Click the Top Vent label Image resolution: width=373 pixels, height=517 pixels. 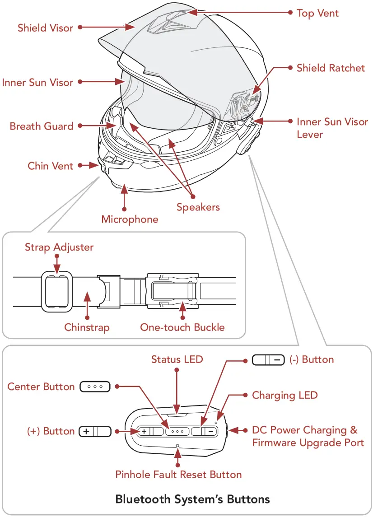click(317, 13)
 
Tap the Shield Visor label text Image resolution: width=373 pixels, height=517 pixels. click(45, 28)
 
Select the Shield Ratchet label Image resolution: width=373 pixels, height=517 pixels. click(331, 68)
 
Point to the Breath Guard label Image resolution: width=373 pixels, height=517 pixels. click(42, 126)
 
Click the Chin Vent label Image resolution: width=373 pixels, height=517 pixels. click(50, 166)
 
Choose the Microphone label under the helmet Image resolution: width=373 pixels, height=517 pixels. click(130, 219)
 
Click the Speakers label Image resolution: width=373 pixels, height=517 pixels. click(198, 207)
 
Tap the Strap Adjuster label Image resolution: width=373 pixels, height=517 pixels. click(59, 247)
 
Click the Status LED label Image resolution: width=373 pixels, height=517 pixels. click(177, 359)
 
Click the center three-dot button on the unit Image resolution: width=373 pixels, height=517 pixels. click(177, 432)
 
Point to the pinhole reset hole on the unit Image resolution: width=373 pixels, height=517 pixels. click(177, 446)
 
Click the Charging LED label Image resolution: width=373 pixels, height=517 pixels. click(284, 396)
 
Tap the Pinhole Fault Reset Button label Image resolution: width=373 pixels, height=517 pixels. click(178, 475)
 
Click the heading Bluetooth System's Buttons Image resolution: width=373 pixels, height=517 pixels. click(192, 499)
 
